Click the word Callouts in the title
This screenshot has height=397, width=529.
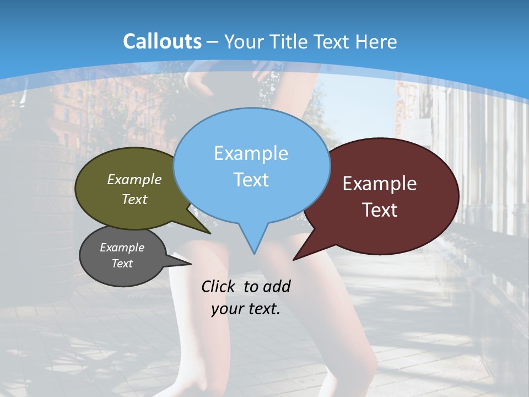[x=162, y=41]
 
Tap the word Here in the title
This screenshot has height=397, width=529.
[x=377, y=41]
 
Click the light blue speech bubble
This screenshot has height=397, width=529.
[x=251, y=132]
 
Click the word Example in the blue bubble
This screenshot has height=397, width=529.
[x=251, y=153]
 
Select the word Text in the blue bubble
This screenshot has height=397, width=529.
[x=251, y=180]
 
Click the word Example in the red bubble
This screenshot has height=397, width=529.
[x=380, y=184]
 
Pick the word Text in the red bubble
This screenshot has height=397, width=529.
[x=380, y=210]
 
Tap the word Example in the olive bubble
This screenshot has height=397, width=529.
[x=134, y=179]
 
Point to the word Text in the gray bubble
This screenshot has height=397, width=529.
[x=122, y=264]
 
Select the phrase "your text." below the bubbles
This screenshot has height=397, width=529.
[x=246, y=309]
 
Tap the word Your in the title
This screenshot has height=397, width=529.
[x=245, y=41]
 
